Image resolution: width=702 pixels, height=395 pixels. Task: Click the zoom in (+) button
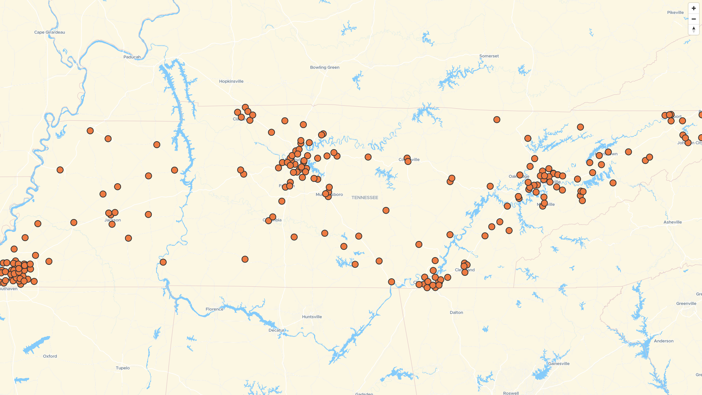(694, 8)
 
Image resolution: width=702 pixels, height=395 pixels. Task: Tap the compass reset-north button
(694, 29)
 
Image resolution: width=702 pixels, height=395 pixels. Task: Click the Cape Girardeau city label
(50, 32)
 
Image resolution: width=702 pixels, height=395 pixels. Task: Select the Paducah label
(132, 57)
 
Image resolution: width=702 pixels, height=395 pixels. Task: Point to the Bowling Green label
(325, 67)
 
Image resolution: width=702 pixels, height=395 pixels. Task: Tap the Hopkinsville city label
(231, 81)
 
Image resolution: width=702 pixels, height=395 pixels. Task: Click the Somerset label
(489, 56)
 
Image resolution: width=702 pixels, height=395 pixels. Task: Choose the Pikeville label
(675, 12)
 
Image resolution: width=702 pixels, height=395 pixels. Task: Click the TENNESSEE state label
(365, 197)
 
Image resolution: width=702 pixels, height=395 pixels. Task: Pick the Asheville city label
(673, 222)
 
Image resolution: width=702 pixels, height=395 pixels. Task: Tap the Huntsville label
(312, 317)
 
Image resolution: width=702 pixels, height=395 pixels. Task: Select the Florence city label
(214, 309)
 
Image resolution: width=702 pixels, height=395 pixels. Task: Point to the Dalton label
(456, 312)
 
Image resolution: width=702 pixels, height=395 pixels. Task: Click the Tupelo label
(123, 368)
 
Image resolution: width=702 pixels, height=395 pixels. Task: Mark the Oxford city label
(50, 356)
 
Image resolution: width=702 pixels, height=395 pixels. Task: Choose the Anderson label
(664, 341)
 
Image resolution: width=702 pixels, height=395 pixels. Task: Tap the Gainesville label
(559, 364)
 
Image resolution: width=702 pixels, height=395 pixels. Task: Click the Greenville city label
(686, 304)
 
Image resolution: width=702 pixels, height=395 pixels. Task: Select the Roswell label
(511, 393)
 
